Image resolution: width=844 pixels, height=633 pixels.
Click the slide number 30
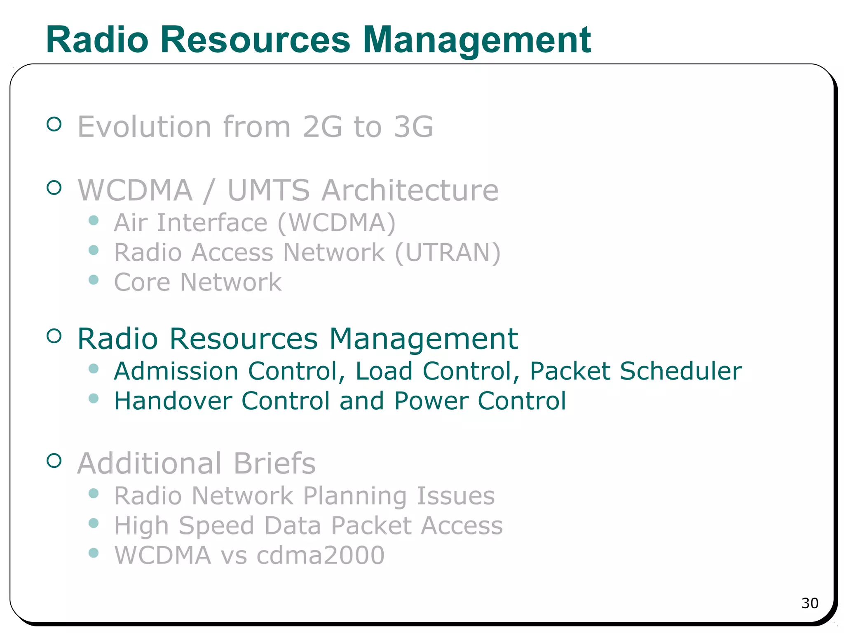tap(809, 603)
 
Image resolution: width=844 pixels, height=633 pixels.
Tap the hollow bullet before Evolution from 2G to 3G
tap(54, 124)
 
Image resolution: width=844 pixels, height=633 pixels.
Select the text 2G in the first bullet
tap(322, 127)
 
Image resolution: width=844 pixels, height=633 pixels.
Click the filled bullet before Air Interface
tap(94, 220)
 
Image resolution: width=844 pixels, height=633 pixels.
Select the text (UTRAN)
tap(448, 252)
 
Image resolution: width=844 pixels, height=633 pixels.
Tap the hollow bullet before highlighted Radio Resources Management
tap(54, 336)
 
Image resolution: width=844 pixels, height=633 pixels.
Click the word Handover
tap(173, 401)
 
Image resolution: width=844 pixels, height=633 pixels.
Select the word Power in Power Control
tap(431, 401)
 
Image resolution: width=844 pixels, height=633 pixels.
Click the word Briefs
tap(274, 463)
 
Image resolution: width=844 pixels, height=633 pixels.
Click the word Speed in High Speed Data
tap(216, 526)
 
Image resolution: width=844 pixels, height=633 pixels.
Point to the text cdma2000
tap(320, 555)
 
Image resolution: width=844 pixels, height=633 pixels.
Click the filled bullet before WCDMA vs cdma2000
tap(94, 553)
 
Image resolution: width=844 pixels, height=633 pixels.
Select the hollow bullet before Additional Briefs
tap(54, 460)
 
